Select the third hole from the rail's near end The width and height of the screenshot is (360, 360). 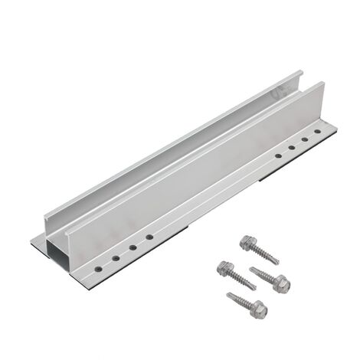tap(133, 248)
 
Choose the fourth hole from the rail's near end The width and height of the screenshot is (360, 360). tap(149, 239)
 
